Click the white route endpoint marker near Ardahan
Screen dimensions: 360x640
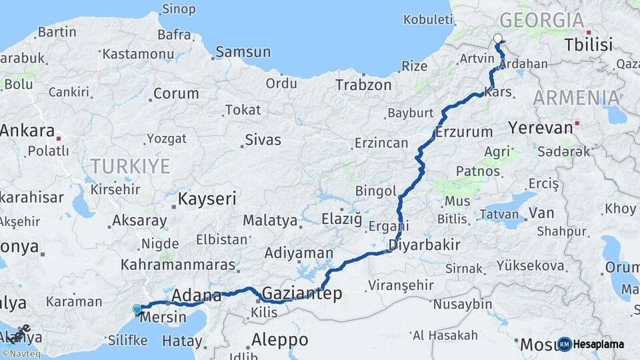(x=497, y=39)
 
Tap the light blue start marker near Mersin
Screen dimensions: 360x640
(x=137, y=309)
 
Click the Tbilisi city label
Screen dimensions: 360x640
(x=588, y=45)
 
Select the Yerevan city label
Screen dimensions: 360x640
(x=540, y=127)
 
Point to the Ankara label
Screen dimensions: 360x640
(x=27, y=131)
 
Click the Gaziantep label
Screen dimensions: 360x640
(x=302, y=293)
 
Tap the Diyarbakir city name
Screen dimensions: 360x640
(x=425, y=245)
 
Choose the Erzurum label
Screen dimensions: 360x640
(x=464, y=132)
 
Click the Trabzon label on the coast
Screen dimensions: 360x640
(x=363, y=85)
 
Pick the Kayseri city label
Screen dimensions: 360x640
(x=207, y=199)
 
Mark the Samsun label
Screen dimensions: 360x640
(x=243, y=52)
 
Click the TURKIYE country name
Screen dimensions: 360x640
(x=131, y=166)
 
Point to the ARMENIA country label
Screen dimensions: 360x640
(x=577, y=98)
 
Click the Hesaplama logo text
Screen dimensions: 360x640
(x=599, y=344)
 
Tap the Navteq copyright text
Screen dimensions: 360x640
(x=21, y=353)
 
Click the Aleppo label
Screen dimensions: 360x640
(x=279, y=339)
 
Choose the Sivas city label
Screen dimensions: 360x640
(x=263, y=140)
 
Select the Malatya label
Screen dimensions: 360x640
(x=269, y=220)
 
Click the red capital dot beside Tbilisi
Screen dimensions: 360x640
(x=588, y=32)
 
